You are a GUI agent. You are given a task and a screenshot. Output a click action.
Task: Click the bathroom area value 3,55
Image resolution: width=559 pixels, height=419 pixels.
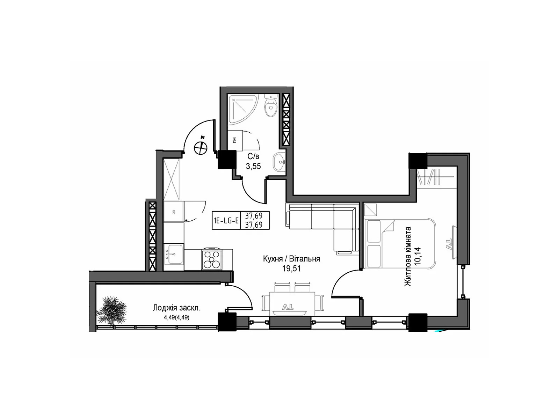point(253,167)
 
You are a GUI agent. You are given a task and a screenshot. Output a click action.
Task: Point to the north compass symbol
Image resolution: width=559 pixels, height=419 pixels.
point(200,146)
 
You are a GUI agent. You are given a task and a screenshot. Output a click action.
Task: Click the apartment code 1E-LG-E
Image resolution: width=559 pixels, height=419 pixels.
point(226,221)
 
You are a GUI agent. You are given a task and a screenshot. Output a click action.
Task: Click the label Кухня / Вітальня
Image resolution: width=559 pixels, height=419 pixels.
point(291,259)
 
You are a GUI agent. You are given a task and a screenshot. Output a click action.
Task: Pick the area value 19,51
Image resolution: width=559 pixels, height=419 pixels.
point(291,269)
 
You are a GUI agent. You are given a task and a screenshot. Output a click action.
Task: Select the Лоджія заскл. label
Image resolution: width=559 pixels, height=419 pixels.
point(176,308)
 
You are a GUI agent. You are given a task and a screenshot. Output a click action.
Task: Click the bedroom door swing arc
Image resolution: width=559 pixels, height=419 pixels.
point(341,279)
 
